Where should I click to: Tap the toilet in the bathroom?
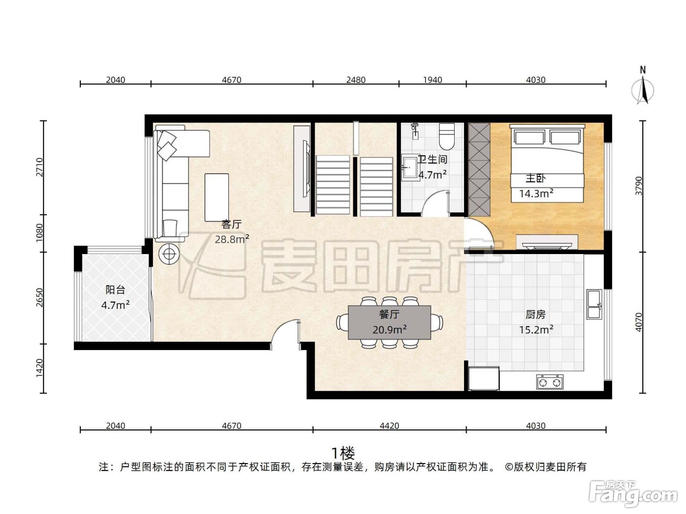pyautogui.click(x=446, y=136)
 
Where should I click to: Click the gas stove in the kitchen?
pyautogui.click(x=550, y=382)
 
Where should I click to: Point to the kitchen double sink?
pyautogui.click(x=594, y=304)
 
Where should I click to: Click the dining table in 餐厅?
pyautogui.click(x=390, y=322)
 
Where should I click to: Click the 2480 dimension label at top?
pyautogui.click(x=356, y=80)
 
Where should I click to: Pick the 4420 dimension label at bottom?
pyautogui.click(x=390, y=426)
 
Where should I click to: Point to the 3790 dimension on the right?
pyautogui.click(x=639, y=186)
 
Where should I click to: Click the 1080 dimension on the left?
pyautogui.click(x=39, y=233)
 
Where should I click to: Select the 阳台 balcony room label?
pyautogui.click(x=115, y=290)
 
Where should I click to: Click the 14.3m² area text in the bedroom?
pyautogui.click(x=536, y=193)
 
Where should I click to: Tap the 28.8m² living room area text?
pyautogui.click(x=232, y=239)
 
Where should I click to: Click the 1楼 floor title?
pyautogui.click(x=343, y=453)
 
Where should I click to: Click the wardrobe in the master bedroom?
pyautogui.click(x=479, y=169)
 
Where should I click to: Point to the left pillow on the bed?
pyautogui.click(x=530, y=137)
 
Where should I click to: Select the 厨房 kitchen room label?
pyautogui.click(x=536, y=315)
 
